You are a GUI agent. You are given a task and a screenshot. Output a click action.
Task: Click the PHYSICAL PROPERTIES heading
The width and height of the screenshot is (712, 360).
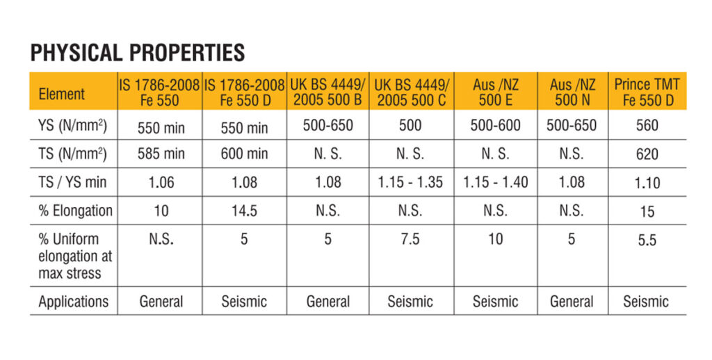[138, 52]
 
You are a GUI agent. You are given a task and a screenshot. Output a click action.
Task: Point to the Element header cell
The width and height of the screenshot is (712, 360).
[62, 94]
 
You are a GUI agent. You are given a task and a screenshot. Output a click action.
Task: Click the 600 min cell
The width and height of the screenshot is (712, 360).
[244, 154]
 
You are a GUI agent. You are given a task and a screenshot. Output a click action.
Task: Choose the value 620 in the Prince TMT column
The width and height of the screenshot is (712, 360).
[647, 154]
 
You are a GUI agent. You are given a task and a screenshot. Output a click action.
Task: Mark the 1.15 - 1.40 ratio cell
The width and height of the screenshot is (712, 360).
[495, 182]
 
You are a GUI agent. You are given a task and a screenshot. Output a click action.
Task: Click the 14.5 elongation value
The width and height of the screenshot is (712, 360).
[244, 211]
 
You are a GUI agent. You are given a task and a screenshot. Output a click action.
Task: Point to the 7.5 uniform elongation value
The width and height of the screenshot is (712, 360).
[411, 239]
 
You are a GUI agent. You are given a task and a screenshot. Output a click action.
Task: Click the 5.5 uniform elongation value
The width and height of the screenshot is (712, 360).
[647, 240]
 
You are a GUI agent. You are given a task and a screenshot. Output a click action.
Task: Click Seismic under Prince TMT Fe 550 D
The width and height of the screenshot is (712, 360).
[646, 301]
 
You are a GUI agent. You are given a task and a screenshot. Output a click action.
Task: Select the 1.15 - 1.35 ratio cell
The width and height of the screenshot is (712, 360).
[411, 182]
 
